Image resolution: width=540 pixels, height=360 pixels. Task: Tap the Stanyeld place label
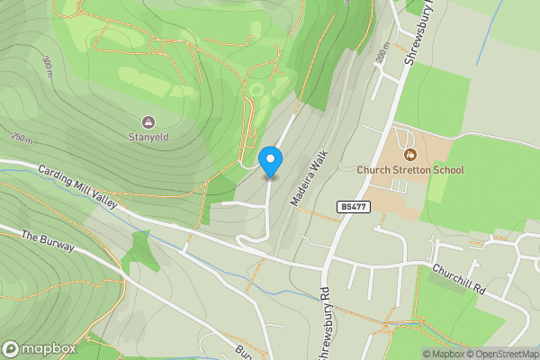pos(148,138)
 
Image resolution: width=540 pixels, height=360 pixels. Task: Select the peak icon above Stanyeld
pos(148,121)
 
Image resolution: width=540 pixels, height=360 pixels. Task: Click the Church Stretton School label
pos(410,170)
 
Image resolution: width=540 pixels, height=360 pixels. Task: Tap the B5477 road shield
pos(353,207)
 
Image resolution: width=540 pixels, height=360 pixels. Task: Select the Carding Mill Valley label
pos(78,187)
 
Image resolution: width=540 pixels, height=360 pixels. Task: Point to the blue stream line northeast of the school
pos(490,36)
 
